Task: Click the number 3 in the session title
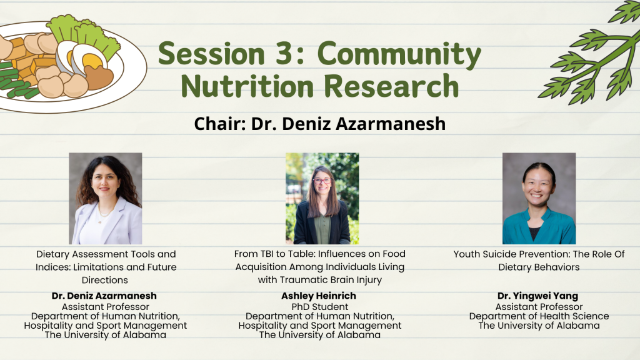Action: (x=285, y=54)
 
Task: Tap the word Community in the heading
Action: (x=399, y=55)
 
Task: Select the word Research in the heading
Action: (x=391, y=86)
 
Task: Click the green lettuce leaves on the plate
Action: (x=84, y=35)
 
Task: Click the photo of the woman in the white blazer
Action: (x=105, y=198)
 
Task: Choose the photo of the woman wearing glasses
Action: (x=322, y=198)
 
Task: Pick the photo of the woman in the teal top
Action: (x=539, y=198)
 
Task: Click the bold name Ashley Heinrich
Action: (x=319, y=296)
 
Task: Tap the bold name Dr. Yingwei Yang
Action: (x=537, y=296)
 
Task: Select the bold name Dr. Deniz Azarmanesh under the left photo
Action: (x=104, y=296)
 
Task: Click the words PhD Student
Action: (x=320, y=306)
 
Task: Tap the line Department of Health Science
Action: (x=539, y=316)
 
